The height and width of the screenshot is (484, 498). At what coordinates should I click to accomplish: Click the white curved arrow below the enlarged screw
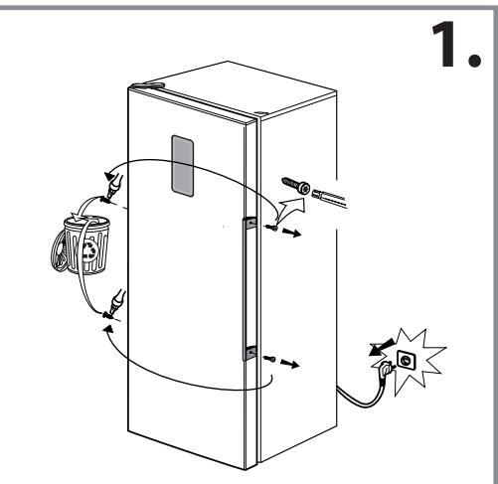point(292,212)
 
